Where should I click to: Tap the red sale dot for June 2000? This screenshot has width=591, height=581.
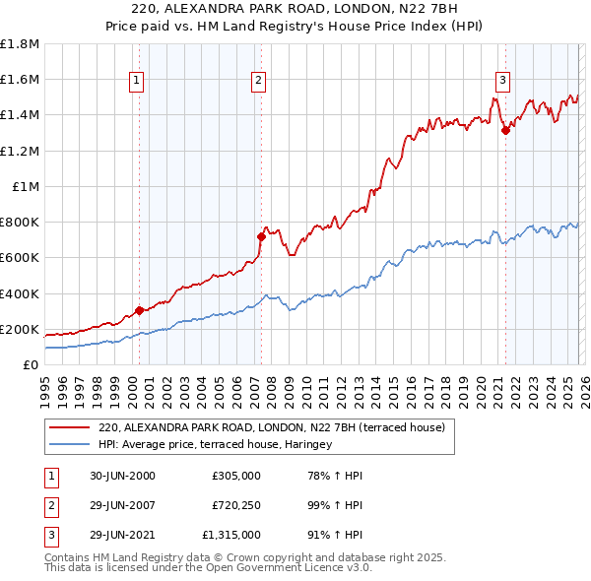pos(139,310)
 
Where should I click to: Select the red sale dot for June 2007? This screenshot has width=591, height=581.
pos(262,236)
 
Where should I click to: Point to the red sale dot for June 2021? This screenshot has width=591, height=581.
pos(506,130)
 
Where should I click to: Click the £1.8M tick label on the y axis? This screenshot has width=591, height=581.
pos(20,44)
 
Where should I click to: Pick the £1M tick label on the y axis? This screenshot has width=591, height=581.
pos(26,186)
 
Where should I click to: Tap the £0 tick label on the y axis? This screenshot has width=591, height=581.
pos(31,364)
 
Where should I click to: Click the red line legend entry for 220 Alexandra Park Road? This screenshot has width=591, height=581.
pos(272,427)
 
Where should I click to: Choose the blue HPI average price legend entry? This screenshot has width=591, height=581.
pos(216,444)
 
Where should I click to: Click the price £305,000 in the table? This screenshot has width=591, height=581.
pos(235,476)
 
